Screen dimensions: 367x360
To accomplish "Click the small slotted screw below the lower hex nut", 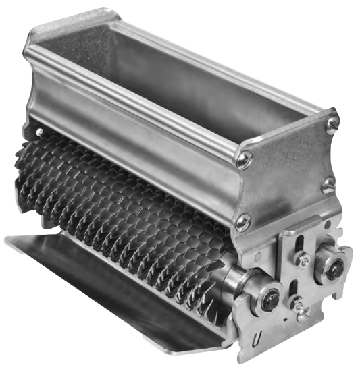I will coord(302,311).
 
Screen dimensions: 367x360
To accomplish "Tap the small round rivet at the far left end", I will coord(40,132).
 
